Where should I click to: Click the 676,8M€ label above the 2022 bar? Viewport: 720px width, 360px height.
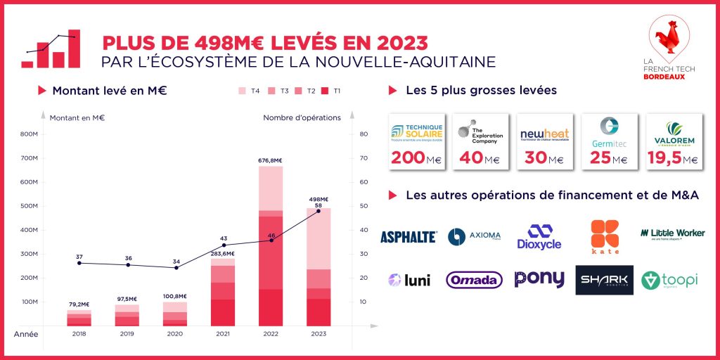click(x=270, y=160)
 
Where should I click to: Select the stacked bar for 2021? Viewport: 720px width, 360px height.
click(x=223, y=292)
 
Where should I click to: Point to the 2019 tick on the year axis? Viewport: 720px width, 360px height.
click(x=127, y=334)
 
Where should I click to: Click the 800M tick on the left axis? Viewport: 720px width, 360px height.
click(x=29, y=134)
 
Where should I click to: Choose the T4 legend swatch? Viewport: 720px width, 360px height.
click(x=243, y=91)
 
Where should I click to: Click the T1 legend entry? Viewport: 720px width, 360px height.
click(x=332, y=91)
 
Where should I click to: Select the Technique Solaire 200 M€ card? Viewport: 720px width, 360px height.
click(x=417, y=142)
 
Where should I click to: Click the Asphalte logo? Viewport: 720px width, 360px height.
click(x=409, y=237)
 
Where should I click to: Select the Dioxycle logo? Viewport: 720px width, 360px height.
click(x=540, y=237)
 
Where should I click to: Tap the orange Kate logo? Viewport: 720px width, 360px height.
click(x=604, y=237)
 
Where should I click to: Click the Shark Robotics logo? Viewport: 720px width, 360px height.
click(x=604, y=280)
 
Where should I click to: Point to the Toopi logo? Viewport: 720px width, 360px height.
click(x=669, y=280)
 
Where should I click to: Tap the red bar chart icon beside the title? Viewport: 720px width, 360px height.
click(x=51, y=49)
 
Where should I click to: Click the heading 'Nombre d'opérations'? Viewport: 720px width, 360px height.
click(x=302, y=117)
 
